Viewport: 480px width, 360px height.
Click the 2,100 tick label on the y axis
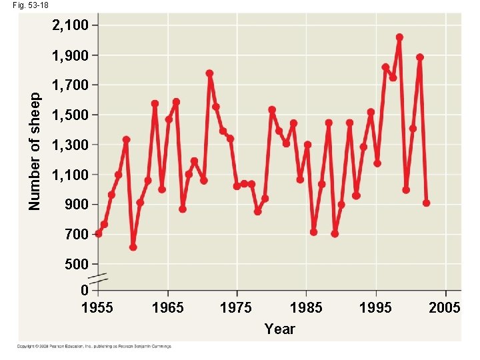(x=69, y=26)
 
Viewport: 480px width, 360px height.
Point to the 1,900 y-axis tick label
(x=69, y=55)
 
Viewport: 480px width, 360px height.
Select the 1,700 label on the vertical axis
(x=69, y=85)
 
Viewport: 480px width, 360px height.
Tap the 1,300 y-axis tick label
(x=69, y=145)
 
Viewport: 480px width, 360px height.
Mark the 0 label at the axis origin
(x=84, y=291)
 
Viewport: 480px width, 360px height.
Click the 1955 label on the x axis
(x=97, y=307)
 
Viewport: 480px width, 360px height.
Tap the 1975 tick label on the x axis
(x=236, y=307)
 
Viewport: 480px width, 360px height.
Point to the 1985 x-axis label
(x=306, y=307)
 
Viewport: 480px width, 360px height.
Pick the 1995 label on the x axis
(x=375, y=307)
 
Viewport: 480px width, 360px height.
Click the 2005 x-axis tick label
(x=445, y=307)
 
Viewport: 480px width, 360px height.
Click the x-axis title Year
(x=279, y=329)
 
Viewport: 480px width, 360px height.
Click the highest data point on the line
(x=399, y=37)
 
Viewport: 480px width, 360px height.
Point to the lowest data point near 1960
(x=133, y=247)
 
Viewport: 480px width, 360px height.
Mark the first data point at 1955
(x=99, y=233)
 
